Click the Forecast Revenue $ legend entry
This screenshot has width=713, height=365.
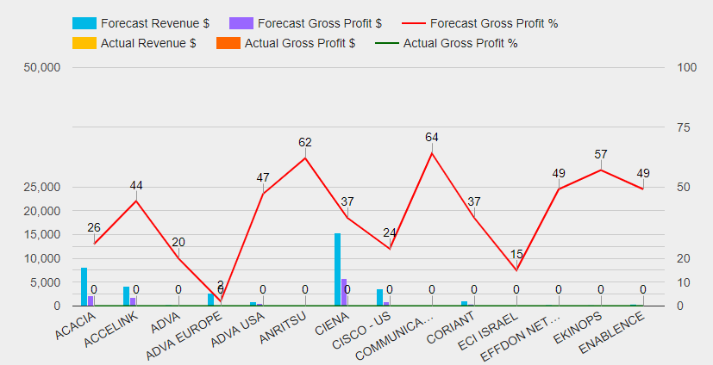(x=139, y=23)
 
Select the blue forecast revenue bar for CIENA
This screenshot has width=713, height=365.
(x=337, y=269)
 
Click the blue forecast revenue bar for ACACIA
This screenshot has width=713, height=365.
(x=84, y=287)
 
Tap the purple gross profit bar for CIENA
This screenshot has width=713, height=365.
(x=344, y=292)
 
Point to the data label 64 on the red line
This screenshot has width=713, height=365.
(x=432, y=137)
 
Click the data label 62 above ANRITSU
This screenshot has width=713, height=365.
(x=305, y=142)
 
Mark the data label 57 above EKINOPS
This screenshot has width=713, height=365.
(x=601, y=154)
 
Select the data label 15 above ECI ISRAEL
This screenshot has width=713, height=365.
(x=516, y=254)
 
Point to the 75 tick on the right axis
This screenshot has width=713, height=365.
(x=685, y=127)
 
